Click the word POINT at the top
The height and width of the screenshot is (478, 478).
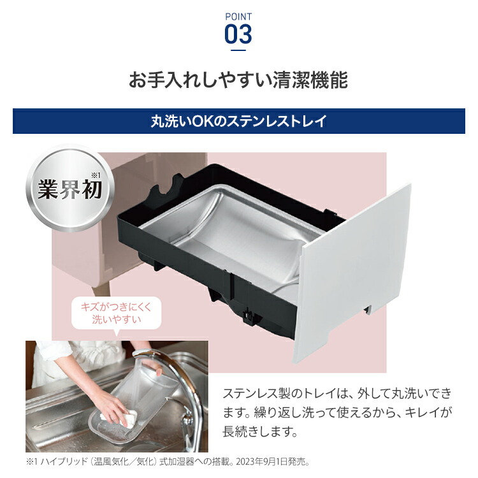(x=239, y=15)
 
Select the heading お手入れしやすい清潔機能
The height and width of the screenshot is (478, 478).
(x=238, y=81)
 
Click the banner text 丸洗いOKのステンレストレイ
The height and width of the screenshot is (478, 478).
(x=238, y=121)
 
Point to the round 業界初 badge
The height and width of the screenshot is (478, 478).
(x=69, y=187)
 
